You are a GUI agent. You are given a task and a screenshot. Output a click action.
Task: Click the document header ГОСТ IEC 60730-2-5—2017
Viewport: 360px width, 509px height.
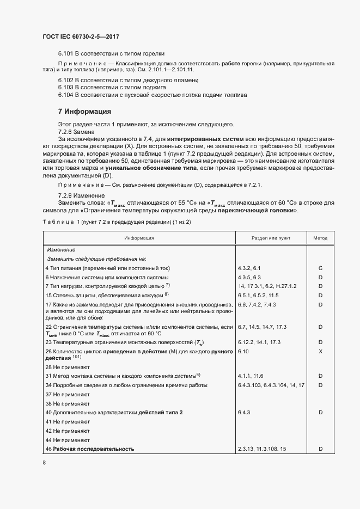pos(80,37)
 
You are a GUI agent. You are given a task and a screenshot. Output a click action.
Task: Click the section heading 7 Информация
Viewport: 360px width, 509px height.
pos(84,112)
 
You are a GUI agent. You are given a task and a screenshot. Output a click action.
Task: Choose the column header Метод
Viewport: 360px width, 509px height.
pos(320,238)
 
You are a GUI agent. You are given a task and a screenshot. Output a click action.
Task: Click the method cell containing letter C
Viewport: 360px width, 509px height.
pos(320,268)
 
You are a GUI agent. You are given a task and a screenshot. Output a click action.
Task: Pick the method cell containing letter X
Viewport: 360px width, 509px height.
pos(320,352)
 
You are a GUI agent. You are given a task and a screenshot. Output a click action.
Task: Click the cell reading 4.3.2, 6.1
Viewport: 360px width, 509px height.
pos(249,268)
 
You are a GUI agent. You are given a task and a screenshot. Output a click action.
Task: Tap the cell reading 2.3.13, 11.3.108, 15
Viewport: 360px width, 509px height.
pos(262,449)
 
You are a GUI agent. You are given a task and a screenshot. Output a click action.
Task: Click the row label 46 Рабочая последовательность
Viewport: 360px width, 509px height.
pos(90,449)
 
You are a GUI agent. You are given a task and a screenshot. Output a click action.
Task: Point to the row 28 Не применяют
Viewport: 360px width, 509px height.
pos(68,367)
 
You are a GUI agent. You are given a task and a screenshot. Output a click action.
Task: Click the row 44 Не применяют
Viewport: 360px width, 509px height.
pos(68,439)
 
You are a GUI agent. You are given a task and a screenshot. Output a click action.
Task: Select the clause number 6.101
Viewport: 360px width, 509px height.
pos(65,53)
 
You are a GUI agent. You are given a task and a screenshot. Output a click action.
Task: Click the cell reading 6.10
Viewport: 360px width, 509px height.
pos(243,352)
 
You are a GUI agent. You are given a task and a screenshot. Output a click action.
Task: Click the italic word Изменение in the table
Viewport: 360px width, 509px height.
pos(60,249)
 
